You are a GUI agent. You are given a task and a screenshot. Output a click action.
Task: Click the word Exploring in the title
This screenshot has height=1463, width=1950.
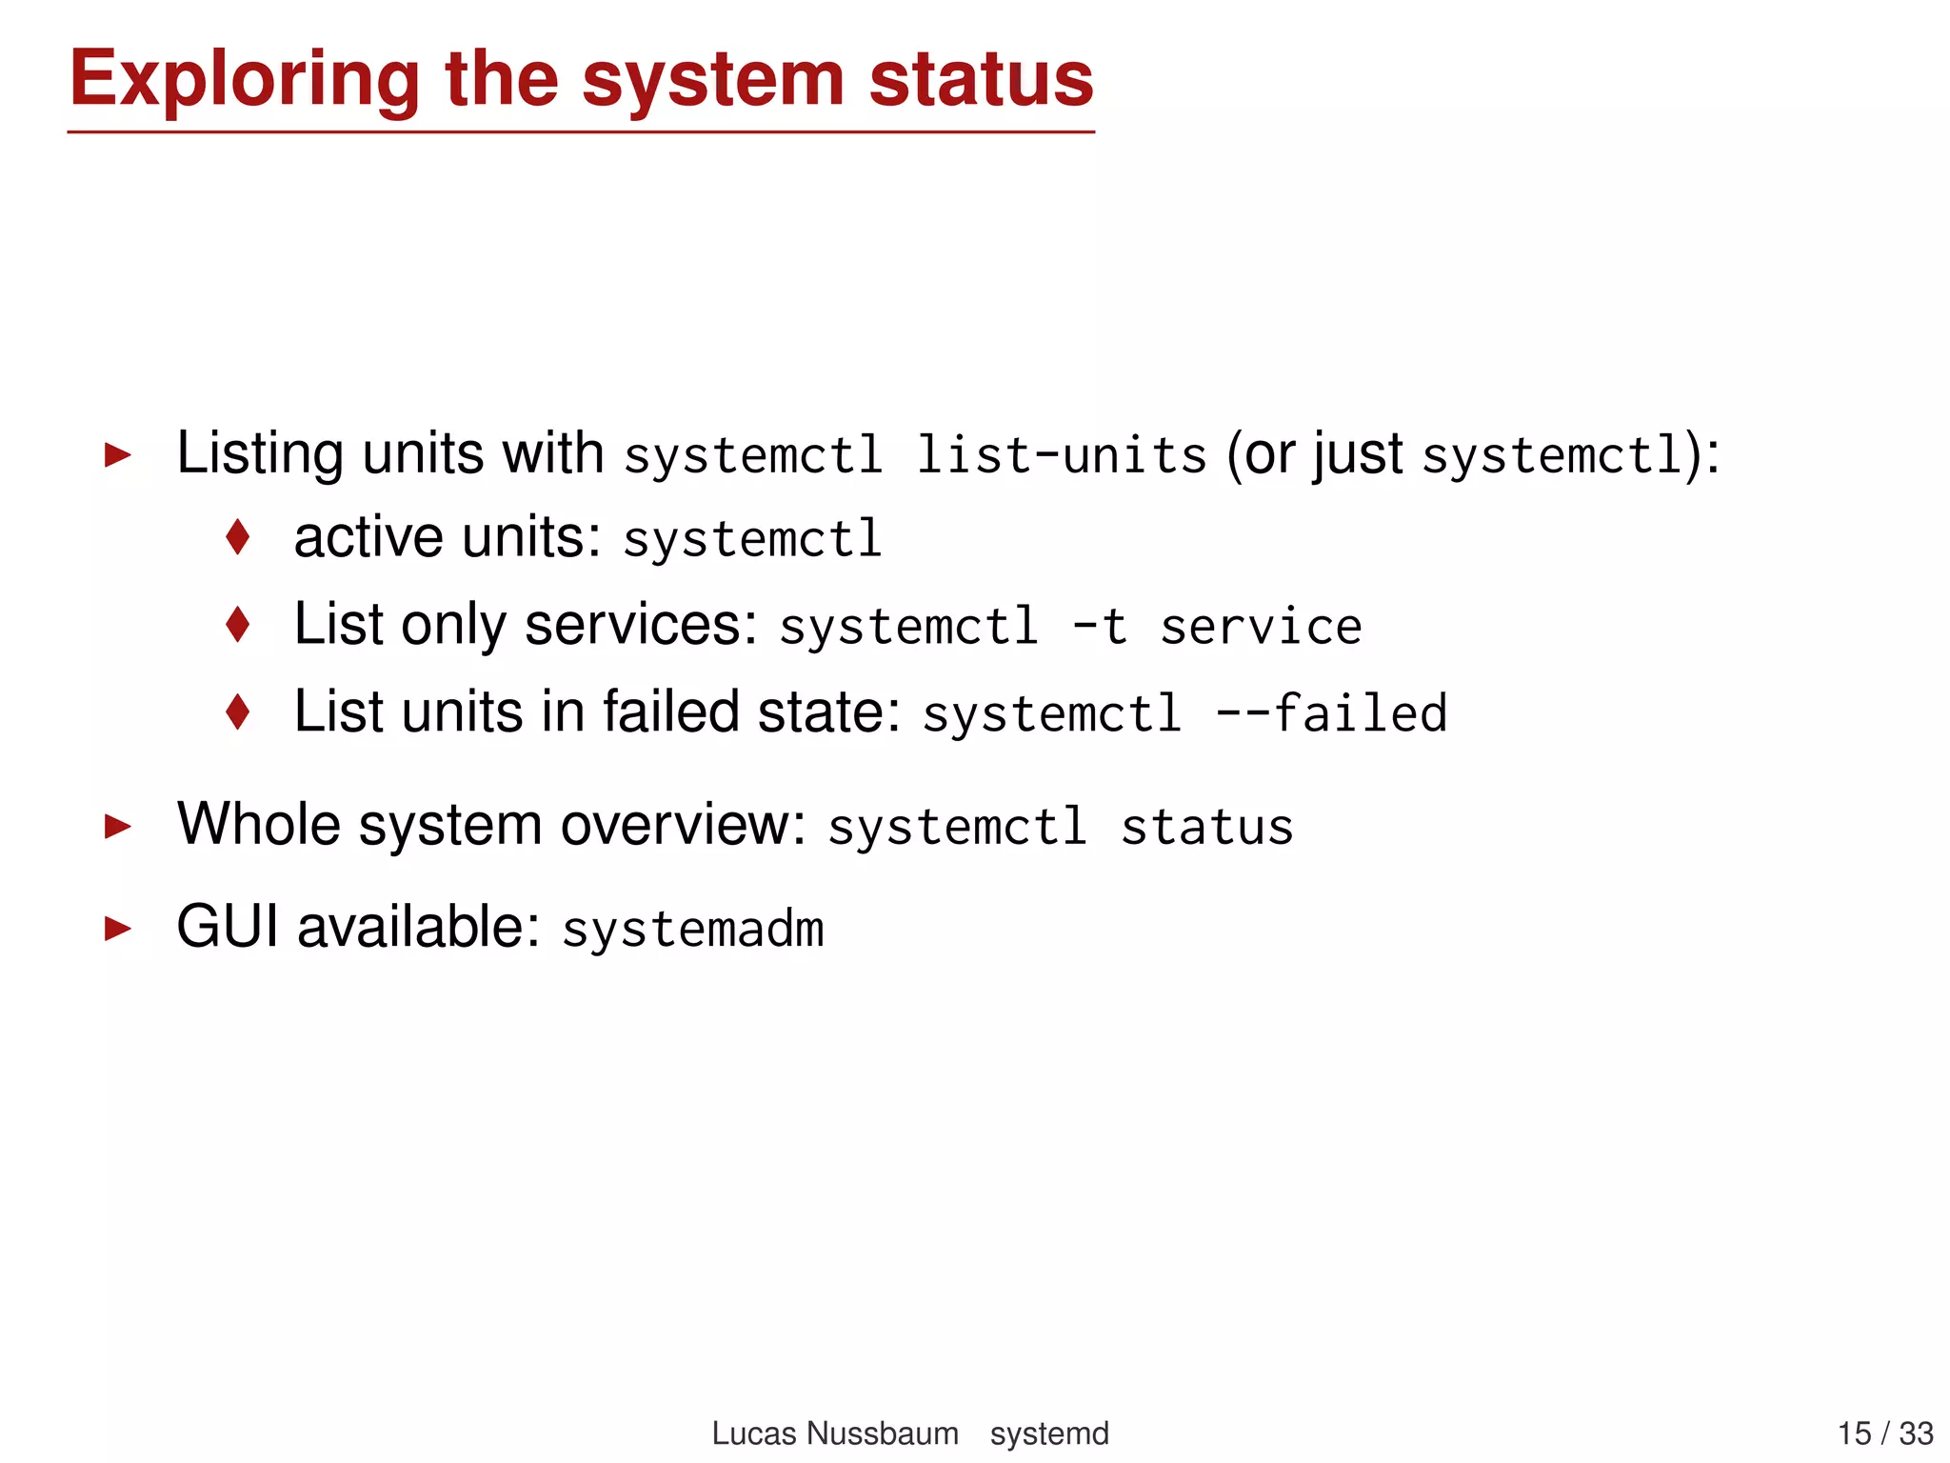[244, 80]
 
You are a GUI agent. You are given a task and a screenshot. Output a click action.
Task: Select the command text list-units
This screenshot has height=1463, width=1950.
[1061, 454]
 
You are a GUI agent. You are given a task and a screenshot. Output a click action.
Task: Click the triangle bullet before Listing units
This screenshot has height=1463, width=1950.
[117, 454]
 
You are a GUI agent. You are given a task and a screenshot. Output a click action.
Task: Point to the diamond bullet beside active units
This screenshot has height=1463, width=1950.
[238, 537]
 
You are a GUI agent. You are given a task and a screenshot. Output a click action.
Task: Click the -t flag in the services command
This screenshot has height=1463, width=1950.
[1100, 627]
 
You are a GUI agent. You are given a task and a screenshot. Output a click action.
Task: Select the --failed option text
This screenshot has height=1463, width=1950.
[1331, 713]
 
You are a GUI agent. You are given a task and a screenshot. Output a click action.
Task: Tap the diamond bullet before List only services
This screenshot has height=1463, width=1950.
[238, 625]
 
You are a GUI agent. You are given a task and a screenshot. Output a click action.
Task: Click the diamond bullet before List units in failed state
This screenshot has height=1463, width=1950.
[238, 711]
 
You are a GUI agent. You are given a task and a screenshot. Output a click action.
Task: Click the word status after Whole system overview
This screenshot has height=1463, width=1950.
[1206, 827]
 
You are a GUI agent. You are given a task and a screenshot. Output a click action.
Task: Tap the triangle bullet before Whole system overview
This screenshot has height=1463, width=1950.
[117, 826]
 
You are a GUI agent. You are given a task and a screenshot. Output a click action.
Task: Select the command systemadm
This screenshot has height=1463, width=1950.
[692, 930]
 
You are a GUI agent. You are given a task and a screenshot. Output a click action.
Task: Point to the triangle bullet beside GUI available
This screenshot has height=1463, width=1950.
[117, 928]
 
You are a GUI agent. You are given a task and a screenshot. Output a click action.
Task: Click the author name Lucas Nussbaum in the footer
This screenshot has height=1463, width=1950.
[834, 1433]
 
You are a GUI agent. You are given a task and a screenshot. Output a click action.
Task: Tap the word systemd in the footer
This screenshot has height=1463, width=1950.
[1049, 1433]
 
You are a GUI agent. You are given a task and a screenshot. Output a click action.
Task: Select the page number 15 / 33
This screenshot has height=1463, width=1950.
[1884, 1433]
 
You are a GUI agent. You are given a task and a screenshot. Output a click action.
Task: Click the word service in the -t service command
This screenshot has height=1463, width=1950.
[1261, 627]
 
